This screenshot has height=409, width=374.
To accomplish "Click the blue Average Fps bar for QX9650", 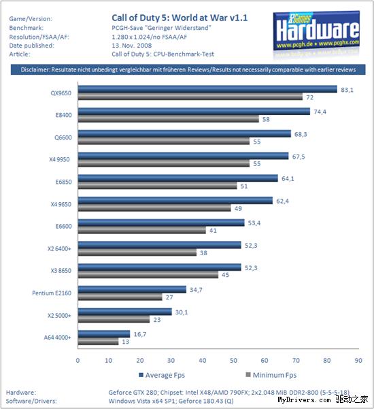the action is (207, 89).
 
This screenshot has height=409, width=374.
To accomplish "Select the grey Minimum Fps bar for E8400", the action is (169, 119).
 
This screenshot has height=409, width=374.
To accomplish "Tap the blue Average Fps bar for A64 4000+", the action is (104, 334).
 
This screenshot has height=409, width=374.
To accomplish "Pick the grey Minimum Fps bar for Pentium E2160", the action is (120, 297).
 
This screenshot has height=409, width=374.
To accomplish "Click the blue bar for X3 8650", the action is (160, 267).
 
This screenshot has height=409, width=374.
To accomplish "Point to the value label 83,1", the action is (347, 90).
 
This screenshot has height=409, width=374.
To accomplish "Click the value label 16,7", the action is (140, 334).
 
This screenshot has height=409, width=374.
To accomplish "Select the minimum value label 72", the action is (310, 97).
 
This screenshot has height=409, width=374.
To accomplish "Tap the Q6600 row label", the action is (63, 137).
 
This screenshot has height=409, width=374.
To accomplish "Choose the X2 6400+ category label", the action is (59, 248).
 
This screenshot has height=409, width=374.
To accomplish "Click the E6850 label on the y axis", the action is (64, 182).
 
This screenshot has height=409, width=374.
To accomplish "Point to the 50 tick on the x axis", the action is (233, 360).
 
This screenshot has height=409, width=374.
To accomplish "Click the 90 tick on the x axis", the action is (358, 360).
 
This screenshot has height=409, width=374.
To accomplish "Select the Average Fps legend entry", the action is (162, 375).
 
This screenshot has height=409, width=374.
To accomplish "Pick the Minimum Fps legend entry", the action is (271, 375).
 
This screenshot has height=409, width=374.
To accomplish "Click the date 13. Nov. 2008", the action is (132, 46).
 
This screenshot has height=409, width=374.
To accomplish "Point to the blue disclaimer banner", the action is (188, 69).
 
